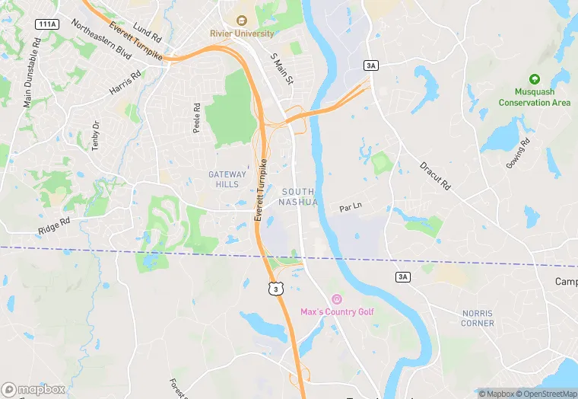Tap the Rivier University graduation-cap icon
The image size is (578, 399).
pos(241,21)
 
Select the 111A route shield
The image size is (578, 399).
pos(46,24)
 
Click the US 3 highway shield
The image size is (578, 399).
pos(274,288)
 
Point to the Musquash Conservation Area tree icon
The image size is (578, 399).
pos(534,79)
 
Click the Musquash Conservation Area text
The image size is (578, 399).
pos(534,97)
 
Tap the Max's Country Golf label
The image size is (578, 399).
pos(337,311)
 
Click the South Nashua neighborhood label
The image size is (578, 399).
pos(298,196)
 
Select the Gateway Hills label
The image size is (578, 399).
pos(228,179)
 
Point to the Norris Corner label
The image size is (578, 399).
pos(478,318)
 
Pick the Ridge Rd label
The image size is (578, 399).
pos(54,226)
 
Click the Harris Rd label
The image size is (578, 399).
pos(125,83)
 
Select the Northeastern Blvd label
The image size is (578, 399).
pos(101,39)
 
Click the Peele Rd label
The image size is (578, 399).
pos(196,118)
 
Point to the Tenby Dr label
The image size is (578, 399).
pos(96,136)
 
